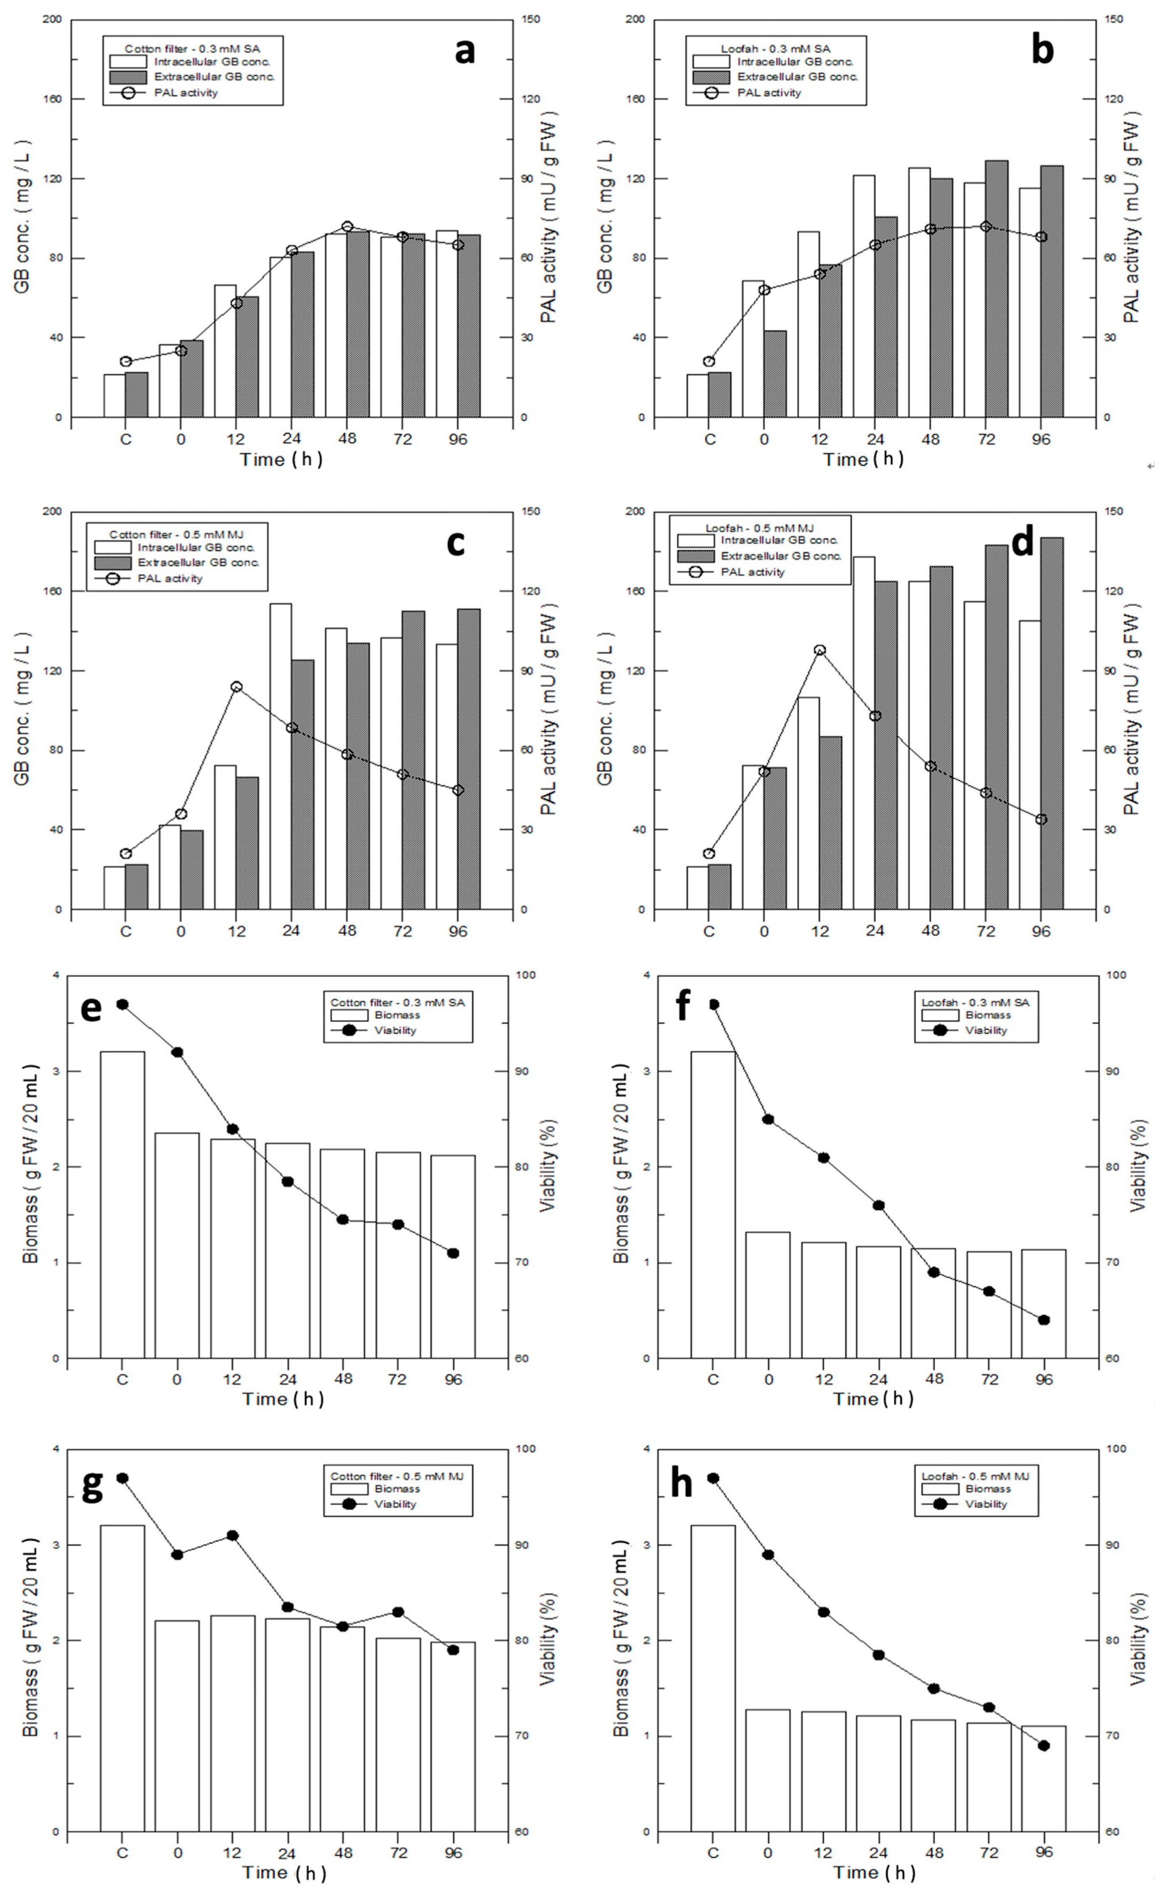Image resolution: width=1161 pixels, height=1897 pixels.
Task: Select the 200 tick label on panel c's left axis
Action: click(x=51, y=511)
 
